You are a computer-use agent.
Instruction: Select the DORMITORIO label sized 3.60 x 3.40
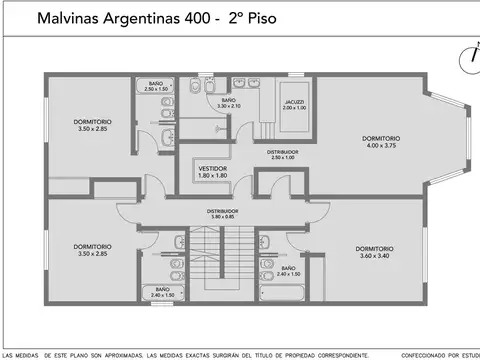pos(374,248)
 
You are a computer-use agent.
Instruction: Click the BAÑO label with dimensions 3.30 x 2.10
pos(228,100)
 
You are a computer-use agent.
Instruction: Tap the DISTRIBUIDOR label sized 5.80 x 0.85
pos(222,211)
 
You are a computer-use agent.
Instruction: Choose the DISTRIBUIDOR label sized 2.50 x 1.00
pos(283,151)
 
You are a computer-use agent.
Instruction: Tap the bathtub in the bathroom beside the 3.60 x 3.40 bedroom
pos(288,282)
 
